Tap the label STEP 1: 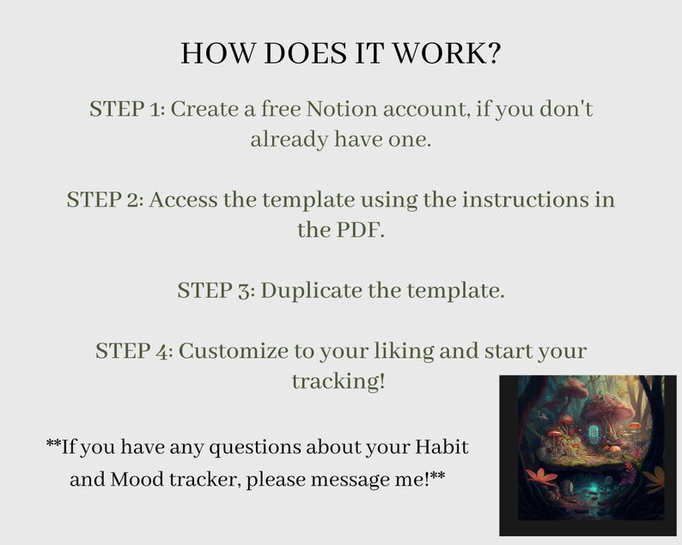click(x=127, y=110)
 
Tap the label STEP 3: click(x=216, y=290)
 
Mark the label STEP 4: click(x=134, y=351)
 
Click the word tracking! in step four click(x=338, y=381)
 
